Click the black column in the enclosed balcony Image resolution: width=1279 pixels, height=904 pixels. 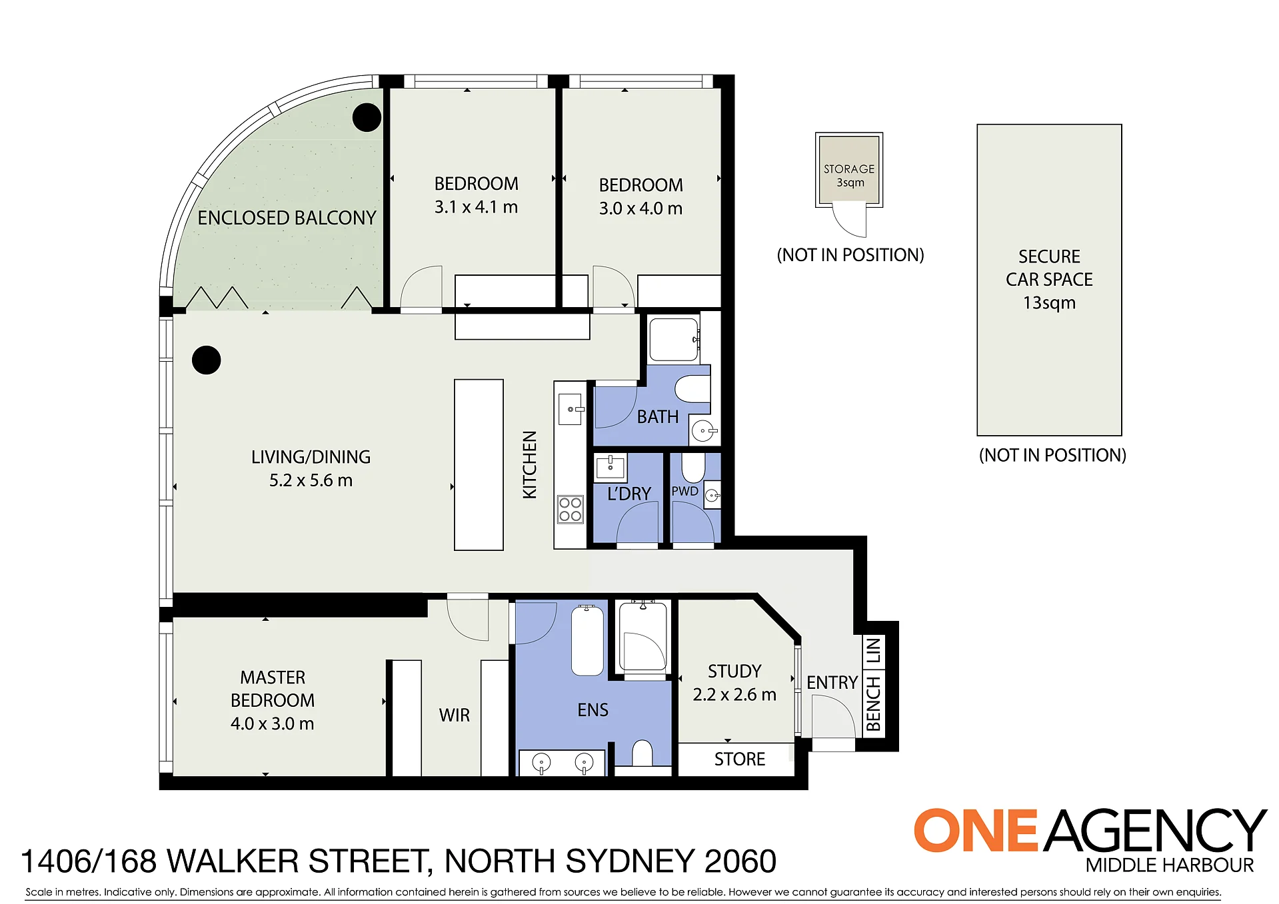pyautogui.click(x=367, y=118)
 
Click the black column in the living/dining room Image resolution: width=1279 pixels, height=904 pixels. pyautogui.click(x=207, y=360)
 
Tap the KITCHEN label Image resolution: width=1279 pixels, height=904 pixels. pyautogui.click(x=530, y=464)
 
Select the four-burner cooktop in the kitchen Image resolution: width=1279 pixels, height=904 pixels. pyautogui.click(x=571, y=510)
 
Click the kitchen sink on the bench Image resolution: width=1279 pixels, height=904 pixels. pyautogui.click(x=571, y=409)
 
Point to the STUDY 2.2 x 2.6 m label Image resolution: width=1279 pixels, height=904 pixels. pyautogui.click(x=734, y=683)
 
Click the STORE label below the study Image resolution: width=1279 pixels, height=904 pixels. pyautogui.click(x=740, y=759)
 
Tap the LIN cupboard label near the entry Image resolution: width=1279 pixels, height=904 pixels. pyautogui.click(x=873, y=651)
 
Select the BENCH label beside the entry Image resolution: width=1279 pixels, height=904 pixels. pyautogui.click(x=873, y=703)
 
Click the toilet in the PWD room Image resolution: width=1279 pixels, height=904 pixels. pyautogui.click(x=693, y=468)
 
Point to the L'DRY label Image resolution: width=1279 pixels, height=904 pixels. pyautogui.click(x=629, y=494)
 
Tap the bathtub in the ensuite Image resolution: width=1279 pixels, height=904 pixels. pyautogui.click(x=587, y=640)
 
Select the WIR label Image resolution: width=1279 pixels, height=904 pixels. pyautogui.click(x=455, y=715)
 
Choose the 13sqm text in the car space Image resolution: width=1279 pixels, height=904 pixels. pyautogui.click(x=1050, y=303)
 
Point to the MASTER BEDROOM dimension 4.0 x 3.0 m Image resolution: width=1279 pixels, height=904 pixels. pyautogui.click(x=273, y=723)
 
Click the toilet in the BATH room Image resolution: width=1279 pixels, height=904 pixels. pyautogui.click(x=692, y=388)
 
